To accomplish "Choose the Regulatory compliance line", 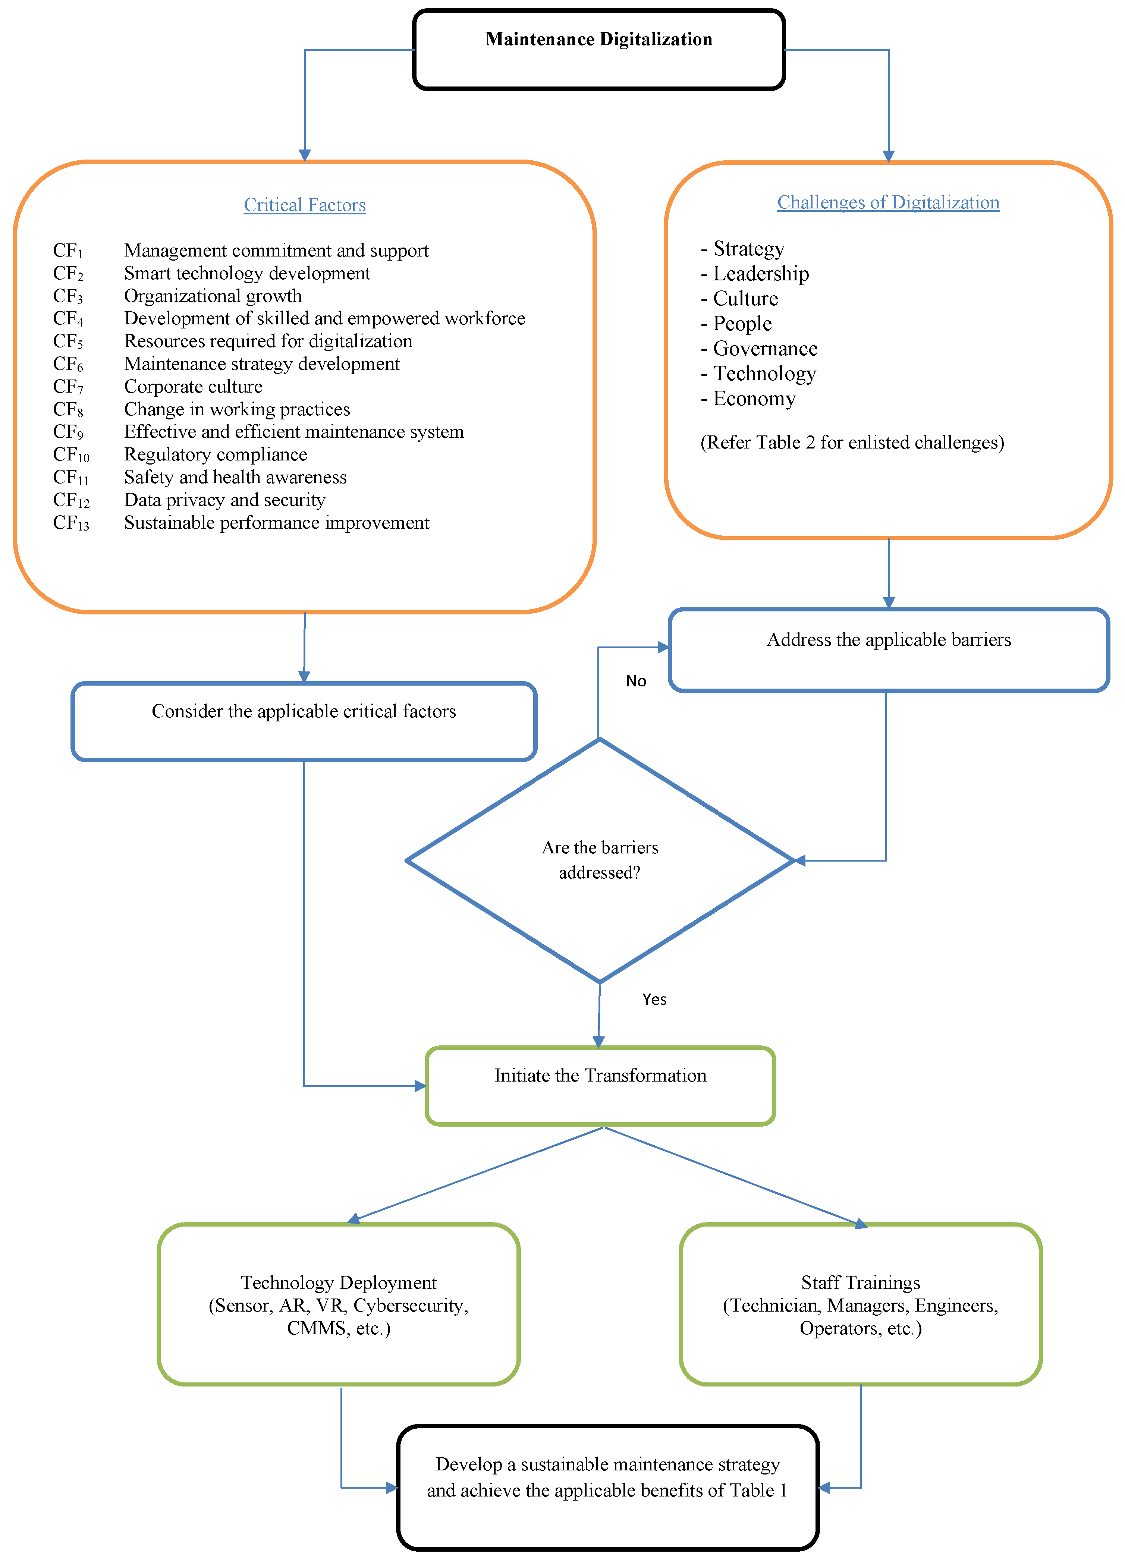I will [215, 455].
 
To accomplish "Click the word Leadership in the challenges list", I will [761, 273].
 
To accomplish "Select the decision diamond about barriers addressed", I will [600, 860].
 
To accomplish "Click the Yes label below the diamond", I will [654, 1000].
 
